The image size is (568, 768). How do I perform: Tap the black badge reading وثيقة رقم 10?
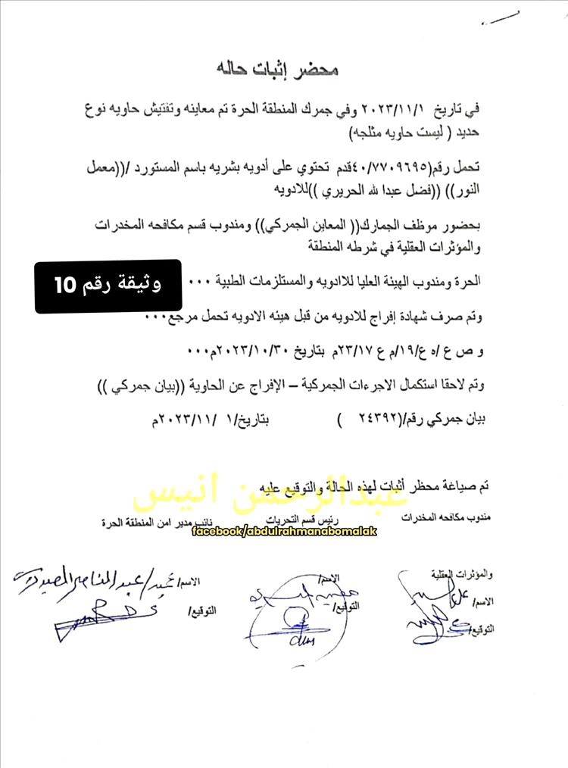[108, 286]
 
